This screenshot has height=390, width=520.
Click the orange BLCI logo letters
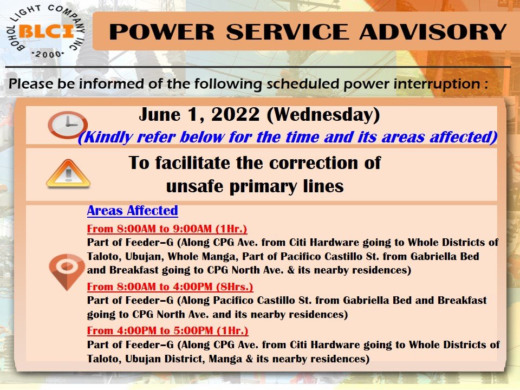(47, 32)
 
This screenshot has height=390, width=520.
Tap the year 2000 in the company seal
(48, 54)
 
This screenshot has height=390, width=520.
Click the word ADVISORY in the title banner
(433, 32)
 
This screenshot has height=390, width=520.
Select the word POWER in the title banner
(161, 32)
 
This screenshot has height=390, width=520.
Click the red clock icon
(68, 125)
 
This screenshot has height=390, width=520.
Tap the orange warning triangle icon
(68, 174)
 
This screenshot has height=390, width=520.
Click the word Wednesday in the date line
(323, 115)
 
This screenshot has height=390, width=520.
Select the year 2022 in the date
(236, 114)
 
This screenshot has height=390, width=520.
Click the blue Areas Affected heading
(132, 211)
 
